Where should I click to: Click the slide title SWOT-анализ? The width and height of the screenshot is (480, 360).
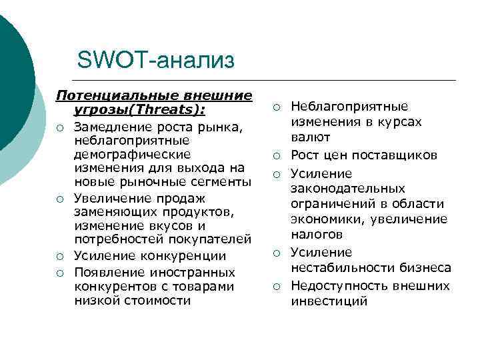[x=156, y=61]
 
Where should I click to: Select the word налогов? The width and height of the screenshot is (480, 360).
[x=317, y=234]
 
